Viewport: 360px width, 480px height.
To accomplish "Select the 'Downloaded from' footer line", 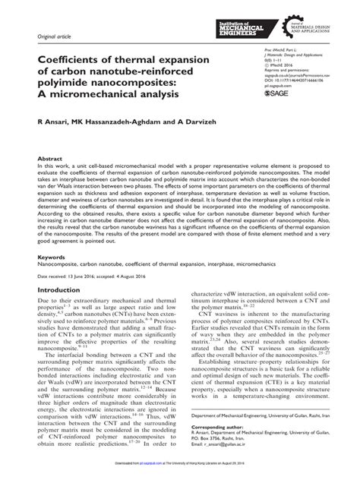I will click(x=179, y=472).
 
